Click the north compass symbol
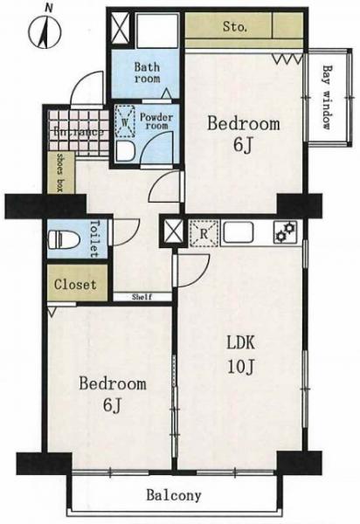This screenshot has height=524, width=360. pos(45,31)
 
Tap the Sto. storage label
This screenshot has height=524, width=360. pos(235,27)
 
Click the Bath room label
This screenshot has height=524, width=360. pos(147,72)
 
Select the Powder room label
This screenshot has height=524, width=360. pos(156,121)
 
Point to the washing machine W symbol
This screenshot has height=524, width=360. pos(125,122)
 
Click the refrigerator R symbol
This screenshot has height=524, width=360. pos(204,233)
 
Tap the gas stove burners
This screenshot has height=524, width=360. pos(285,232)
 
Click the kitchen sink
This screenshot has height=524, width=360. pos(239,232)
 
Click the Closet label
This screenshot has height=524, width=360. pos(75,285)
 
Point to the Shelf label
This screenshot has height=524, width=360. pos(142,297)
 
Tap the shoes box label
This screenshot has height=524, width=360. pos(61,172)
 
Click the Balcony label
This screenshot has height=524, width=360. pos(174,495)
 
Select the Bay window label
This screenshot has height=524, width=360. pos(328,97)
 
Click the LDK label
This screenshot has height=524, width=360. pos(241,343)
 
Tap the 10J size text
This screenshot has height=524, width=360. pos(242,367)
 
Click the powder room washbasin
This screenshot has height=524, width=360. pos(125,151)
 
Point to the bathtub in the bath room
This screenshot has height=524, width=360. pos(157,31)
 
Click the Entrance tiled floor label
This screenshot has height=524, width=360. pos(79,133)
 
